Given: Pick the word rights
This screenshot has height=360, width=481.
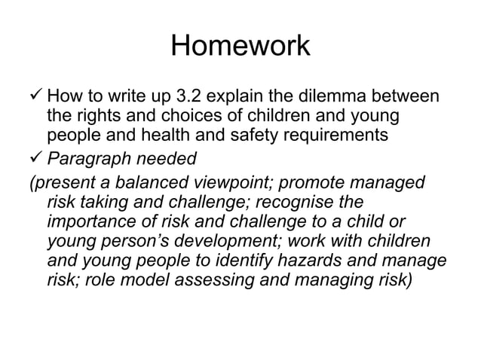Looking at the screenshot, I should (x=99, y=118).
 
